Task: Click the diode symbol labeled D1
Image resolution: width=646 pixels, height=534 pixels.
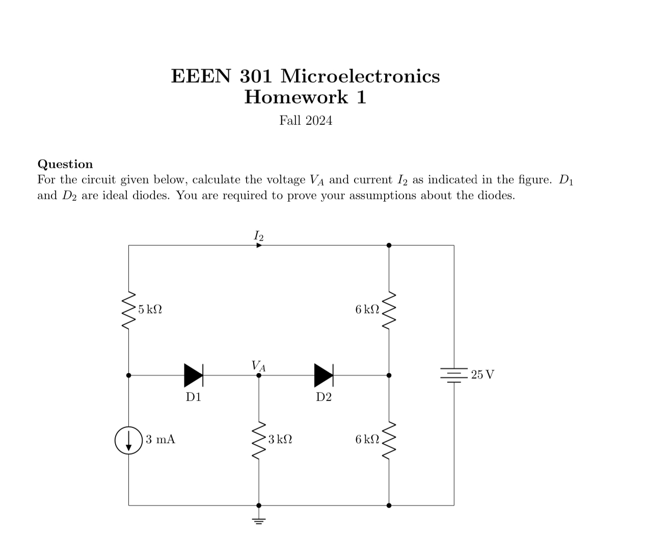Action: tap(194, 376)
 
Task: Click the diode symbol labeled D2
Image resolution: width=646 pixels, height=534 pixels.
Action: tap(324, 376)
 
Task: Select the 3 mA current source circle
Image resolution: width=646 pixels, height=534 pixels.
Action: tap(128, 440)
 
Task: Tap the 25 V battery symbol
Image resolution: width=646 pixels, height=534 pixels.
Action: tap(453, 376)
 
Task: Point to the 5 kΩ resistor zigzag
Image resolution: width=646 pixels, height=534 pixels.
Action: tap(128, 310)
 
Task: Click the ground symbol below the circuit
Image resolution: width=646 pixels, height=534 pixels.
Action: tap(259, 520)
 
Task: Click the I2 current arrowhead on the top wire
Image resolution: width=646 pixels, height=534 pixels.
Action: tap(259, 245)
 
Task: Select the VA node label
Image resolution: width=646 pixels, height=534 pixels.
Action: tap(258, 365)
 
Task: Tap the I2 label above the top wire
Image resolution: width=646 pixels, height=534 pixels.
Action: tap(258, 235)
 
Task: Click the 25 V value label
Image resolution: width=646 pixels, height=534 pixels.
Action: tap(482, 375)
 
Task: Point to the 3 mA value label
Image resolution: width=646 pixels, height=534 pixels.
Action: tap(160, 439)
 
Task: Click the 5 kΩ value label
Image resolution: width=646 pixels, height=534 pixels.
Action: tap(150, 309)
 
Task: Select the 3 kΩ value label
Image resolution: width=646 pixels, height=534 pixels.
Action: tap(280, 439)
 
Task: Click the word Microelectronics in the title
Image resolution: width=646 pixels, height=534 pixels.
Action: tap(360, 76)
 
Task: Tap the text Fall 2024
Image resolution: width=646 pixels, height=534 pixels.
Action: tap(306, 120)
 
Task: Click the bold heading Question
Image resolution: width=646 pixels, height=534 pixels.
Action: tap(65, 164)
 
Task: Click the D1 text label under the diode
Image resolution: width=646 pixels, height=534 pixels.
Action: tap(194, 397)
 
